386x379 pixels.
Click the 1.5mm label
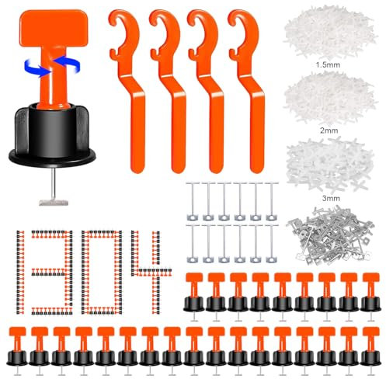pos(328,64)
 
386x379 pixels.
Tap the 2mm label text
pos(329,130)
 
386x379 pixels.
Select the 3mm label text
pos(331,198)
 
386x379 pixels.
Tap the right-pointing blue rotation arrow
pos(37,68)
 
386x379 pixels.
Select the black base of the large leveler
pos(52,134)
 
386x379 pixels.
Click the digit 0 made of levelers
pos(102,272)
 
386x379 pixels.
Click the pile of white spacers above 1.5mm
pos(329,32)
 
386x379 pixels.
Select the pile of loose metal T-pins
pos(331,235)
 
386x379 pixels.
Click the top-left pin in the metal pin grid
pos(193,201)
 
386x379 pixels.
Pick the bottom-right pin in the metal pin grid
pos(272,244)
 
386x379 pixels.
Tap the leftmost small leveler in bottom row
pos(17,350)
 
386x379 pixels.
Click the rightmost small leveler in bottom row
pos(370,350)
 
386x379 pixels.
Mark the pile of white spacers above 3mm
pos(330,165)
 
